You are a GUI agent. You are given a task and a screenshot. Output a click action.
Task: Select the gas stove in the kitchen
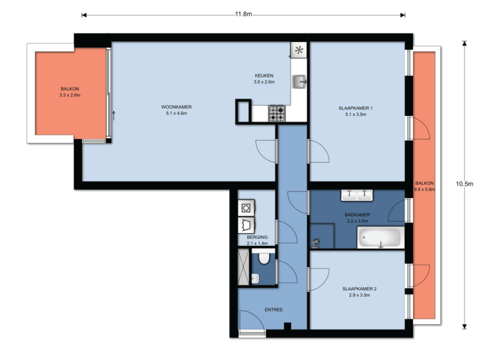[x=277, y=113]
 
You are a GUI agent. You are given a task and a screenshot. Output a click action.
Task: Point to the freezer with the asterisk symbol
[x=298, y=50]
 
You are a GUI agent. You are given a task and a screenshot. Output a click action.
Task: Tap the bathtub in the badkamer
[x=379, y=238]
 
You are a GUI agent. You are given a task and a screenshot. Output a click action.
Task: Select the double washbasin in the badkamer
[x=357, y=195]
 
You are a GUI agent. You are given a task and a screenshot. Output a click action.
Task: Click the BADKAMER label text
[x=357, y=214]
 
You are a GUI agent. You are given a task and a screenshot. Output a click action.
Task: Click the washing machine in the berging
[x=245, y=208]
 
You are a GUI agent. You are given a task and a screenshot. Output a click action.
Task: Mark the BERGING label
[x=257, y=237]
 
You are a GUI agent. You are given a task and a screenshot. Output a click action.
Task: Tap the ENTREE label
[x=274, y=310]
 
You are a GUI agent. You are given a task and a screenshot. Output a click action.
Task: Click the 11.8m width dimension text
[x=244, y=14]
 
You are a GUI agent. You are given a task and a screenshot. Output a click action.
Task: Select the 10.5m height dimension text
[x=464, y=184]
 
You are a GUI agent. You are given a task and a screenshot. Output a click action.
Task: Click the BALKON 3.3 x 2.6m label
[x=70, y=92]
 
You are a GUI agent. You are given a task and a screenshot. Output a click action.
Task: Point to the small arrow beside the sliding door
[x=114, y=115]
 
